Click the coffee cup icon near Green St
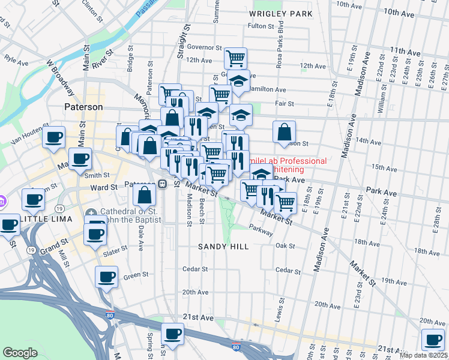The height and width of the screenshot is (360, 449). point(106,277)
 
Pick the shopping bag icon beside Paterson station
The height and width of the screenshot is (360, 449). point(144,195)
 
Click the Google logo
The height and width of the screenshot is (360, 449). point(20,353)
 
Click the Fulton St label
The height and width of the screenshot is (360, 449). point(261,26)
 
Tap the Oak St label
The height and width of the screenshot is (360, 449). point(285,245)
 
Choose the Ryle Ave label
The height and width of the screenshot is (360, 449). point(17,60)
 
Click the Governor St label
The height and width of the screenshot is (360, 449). point(205,47)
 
